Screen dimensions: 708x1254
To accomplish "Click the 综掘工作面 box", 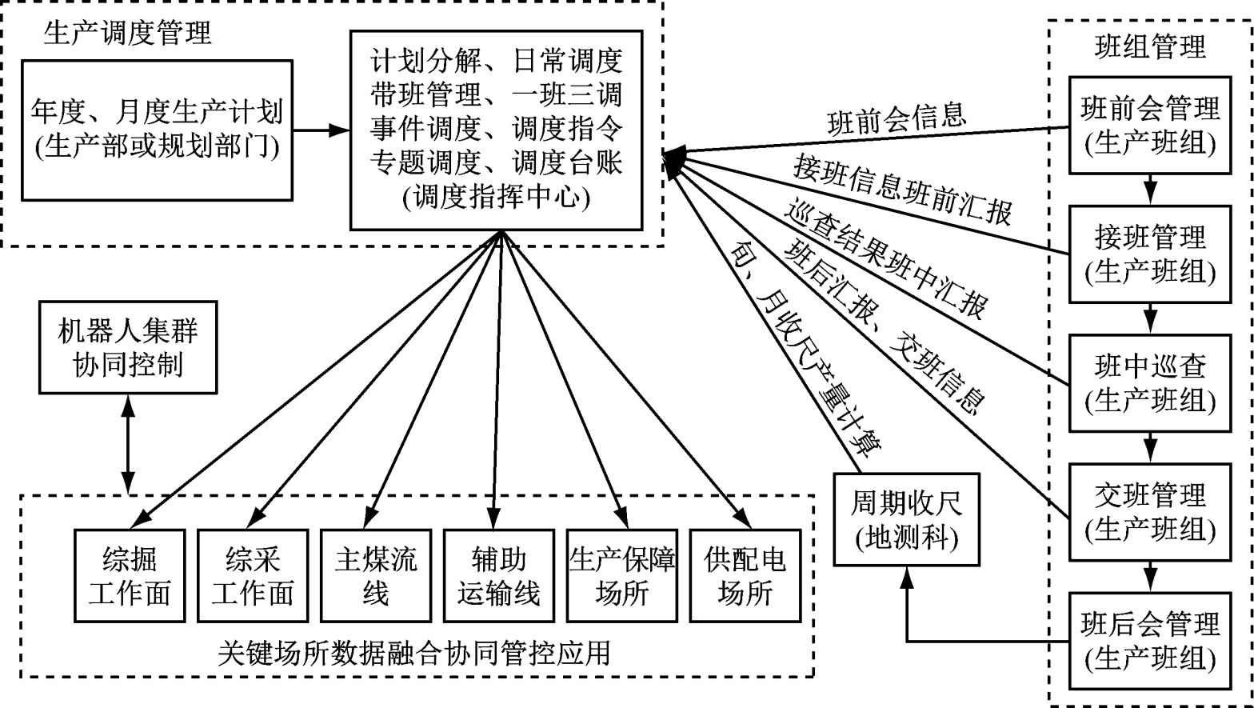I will pyautogui.click(x=130, y=575).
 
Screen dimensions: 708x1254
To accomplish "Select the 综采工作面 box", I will pyautogui.click(x=253, y=575).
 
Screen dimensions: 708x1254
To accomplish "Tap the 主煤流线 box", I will pyautogui.click(x=375, y=575).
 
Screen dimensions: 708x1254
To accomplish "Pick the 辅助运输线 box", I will pyautogui.click(x=498, y=575).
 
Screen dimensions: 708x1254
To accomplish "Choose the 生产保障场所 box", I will pyautogui.click(x=621, y=575).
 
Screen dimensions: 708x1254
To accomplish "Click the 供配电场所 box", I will pyautogui.click(x=745, y=575).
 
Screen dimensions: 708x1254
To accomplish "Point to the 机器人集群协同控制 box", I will pyautogui.click(x=128, y=348).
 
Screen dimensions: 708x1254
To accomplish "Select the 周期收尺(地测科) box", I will pyautogui.click(x=906, y=519).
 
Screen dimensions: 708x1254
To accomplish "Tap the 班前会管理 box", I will pyautogui.click(x=1150, y=126).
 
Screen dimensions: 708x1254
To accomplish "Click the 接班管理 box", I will pyautogui.click(x=1150, y=254).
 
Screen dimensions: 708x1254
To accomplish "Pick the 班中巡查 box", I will pyautogui.click(x=1150, y=385).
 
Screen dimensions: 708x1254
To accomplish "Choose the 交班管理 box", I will pyautogui.click(x=1150, y=513).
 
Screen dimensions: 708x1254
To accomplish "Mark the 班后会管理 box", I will pyautogui.click(x=1150, y=641).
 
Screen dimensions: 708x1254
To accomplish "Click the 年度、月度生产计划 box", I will pyautogui.click(x=156, y=129).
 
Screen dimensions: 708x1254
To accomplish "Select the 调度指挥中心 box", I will pyautogui.click(x=496, y=129).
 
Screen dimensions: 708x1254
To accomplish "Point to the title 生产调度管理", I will pyautogui.click(x=128, y=33).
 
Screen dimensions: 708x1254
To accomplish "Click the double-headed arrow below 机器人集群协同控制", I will pyautogui.click(x=128, y=443).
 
